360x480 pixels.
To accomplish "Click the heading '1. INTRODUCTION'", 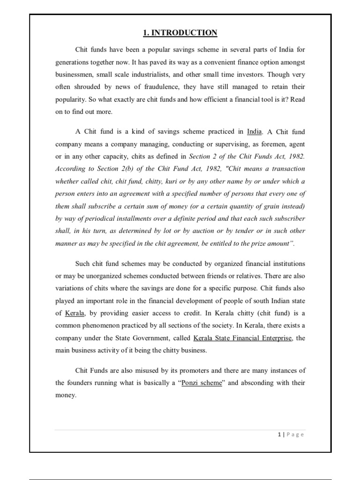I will pyautogui.click(x=180, y=33).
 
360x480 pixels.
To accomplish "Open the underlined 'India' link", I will pyautogui.click(x=255, y=132).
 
